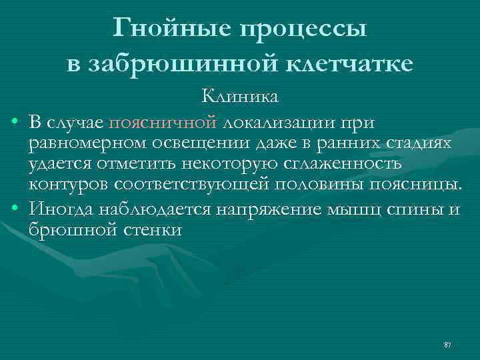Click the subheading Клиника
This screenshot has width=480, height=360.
pos(240,97)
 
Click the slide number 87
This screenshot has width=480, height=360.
pos(447,345)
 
